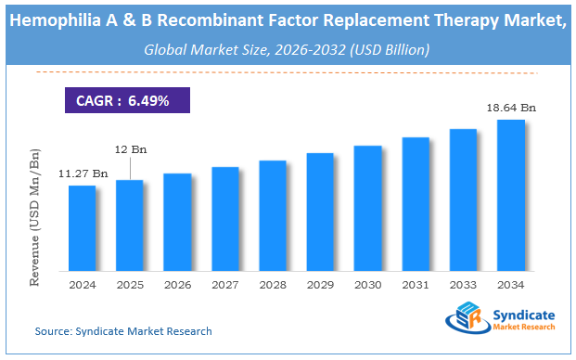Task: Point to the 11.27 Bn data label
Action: tap(83, 173)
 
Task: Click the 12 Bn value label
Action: tap(130, 149)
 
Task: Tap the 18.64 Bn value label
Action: tap(511, 109)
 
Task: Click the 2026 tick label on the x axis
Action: tap(177, 287)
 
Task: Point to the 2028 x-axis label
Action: tap(273, 287)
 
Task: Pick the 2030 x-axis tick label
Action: tap(368, 287)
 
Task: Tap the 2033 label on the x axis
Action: tap(463, 287)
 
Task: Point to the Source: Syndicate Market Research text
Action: tap(123, 331)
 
